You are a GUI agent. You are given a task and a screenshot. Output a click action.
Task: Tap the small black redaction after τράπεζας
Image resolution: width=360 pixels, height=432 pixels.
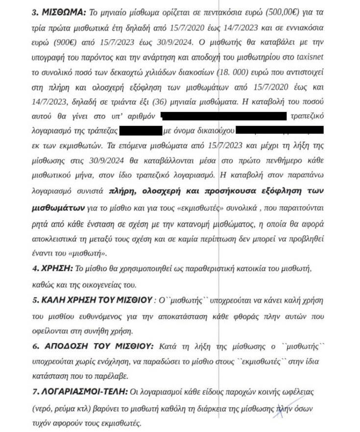(x=141, y=130)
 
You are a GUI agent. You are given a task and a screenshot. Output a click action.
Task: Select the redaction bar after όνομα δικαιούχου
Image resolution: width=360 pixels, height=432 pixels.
(x=280, y=130)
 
